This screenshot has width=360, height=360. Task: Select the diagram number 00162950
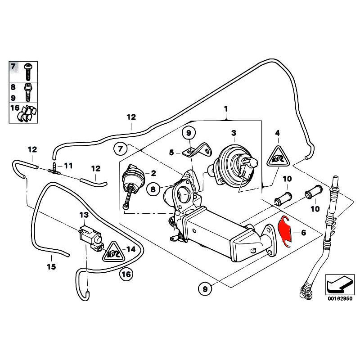(x=340, y=297)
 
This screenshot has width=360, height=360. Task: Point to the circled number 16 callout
(x=126, y=274)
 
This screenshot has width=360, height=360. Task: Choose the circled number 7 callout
(x=119, y=148)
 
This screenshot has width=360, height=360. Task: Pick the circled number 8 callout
(x=153, y=189)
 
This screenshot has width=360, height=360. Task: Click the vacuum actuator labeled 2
(x=132, y=180)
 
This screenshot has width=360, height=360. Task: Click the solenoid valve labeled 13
(x=88, y=234)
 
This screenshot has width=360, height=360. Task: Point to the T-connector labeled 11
(x=54, y=169)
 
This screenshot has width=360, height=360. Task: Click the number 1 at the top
(x=226, y=108)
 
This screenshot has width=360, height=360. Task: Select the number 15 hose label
(x=51, y=266)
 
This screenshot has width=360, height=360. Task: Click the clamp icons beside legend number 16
(x=28, y=113)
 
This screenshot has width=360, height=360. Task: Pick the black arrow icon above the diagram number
(x=339, y=283)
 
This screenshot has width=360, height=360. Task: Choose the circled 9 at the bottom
(x=205, y=289)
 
